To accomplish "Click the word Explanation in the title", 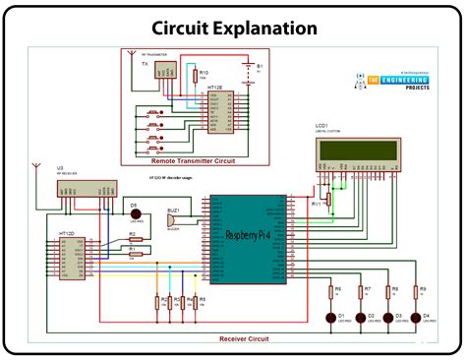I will [x=265, y=29].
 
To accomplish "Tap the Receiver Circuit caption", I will [x=244, y=337].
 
